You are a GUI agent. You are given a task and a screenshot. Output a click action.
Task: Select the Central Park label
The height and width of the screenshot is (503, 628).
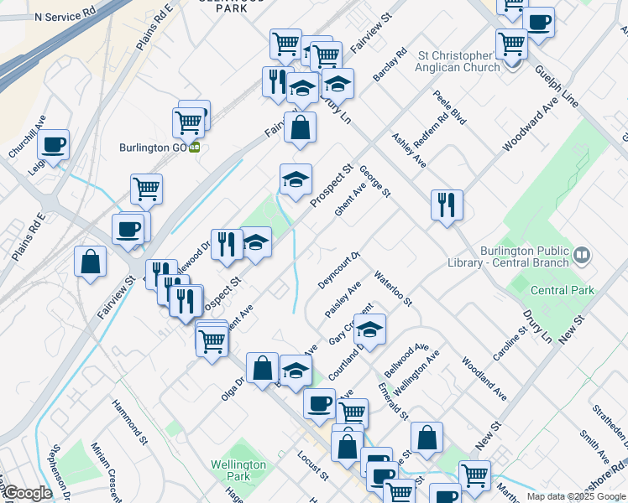click(x=562, y=290)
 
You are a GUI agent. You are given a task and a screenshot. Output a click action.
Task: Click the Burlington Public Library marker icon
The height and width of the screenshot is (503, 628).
click(x=582, y=253)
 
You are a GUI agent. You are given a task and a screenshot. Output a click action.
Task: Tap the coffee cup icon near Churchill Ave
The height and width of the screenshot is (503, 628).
click(x=53, y=144)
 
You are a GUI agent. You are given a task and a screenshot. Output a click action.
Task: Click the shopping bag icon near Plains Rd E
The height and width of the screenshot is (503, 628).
click(x=90, y=262)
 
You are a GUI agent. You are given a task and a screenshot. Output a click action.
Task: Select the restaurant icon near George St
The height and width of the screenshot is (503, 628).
click(x=446, y=205)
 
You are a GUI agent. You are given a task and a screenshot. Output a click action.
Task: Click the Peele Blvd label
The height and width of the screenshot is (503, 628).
click(x=449, y=107)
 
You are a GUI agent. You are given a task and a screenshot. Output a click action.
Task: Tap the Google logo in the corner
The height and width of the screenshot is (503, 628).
click(x=27, y=494)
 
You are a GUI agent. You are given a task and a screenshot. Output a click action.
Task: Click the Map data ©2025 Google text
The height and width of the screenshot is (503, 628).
click(x=576, y=496)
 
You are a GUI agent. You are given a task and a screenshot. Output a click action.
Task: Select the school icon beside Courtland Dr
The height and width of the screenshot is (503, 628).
click(x=369, y=329)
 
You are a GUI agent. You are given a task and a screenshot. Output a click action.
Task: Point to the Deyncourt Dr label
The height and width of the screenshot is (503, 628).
click(x=338, y=270)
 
